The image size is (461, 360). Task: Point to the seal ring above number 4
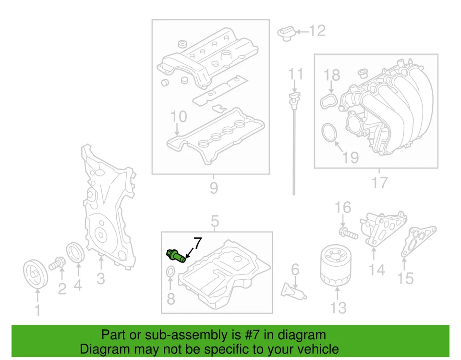point(76,253)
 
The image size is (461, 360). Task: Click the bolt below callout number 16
point(349,234)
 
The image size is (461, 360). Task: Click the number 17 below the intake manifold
point(379,183)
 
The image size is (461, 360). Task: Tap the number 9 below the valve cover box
point(214,188)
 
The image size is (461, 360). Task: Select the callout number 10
point(179,117)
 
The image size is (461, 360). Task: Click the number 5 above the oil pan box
point(215,222)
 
